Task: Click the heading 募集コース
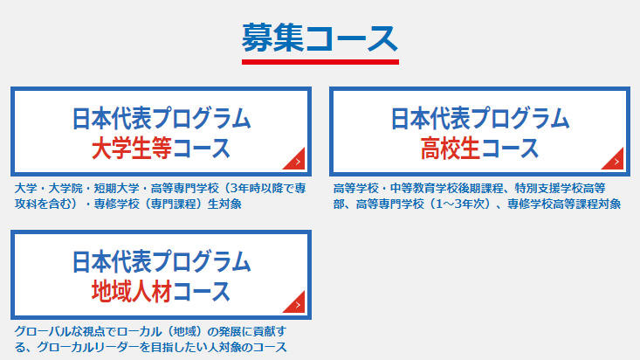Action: click(320, 38)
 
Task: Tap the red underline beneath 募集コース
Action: click(320, 62)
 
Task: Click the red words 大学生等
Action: click(132, 148)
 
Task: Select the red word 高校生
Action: click(451, 148)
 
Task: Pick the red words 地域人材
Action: click(132, 291)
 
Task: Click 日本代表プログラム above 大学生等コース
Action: click(162, 119)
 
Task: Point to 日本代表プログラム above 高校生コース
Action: click(480, 119)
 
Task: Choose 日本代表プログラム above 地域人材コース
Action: click(162, 262)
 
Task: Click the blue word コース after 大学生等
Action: click(201, 148)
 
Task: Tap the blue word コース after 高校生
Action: click(510, 148)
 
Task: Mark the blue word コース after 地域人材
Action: click(201, 291)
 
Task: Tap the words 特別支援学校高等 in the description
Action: click(560, 189)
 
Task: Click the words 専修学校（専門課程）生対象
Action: click(168, 204)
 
